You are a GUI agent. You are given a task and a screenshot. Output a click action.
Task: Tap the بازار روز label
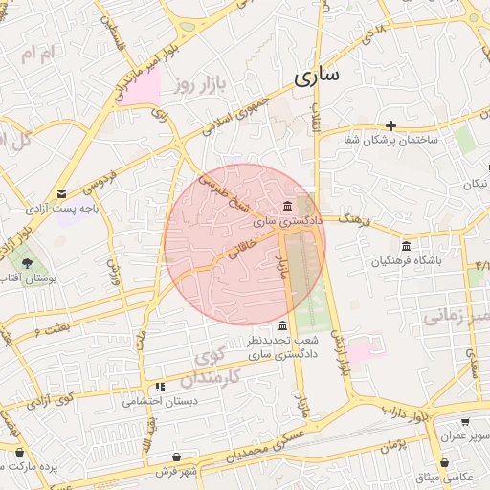204,85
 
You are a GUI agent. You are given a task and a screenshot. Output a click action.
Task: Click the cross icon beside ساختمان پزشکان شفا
390,125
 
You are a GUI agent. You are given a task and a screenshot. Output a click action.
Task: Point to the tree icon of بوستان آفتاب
27,260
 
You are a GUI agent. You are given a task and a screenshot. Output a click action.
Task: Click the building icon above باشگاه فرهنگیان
407,245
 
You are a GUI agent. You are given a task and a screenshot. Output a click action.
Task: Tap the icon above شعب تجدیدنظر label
281,325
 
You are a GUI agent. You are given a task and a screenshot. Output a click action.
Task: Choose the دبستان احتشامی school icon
161,387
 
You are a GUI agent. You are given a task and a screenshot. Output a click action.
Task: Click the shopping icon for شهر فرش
177,457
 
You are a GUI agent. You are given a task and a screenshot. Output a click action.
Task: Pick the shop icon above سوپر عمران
465,421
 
